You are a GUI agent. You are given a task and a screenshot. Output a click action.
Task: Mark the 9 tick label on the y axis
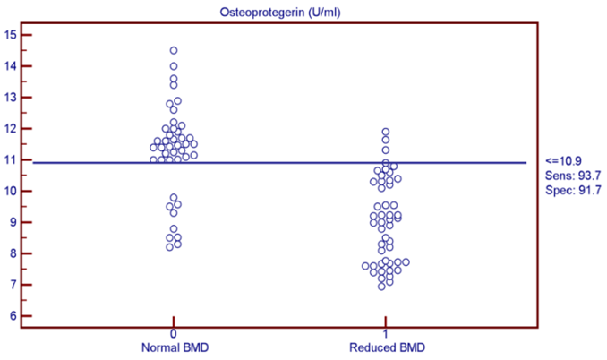click(14, 222)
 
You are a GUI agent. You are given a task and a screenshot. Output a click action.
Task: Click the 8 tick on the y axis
click(14, 253)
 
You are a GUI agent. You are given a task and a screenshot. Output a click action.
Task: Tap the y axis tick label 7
click(14, 285)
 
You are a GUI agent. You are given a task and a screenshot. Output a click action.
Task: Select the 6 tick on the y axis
click(14, 316)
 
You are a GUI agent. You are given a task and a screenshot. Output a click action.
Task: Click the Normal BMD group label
click(173, 346)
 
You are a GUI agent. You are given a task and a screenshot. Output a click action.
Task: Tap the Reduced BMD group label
click(386, 346)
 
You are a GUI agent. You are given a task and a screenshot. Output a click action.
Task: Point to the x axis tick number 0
click(173, 333)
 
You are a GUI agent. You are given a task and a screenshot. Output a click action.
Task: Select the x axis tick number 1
click(386, 333)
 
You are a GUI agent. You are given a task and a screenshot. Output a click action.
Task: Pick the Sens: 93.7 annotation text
click(570, 176)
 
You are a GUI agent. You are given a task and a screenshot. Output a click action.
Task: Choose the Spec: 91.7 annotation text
click(570, 191)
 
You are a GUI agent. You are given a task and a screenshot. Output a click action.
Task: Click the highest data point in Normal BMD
click(174, 51)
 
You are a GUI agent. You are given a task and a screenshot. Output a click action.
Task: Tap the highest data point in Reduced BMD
click(386, 132)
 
